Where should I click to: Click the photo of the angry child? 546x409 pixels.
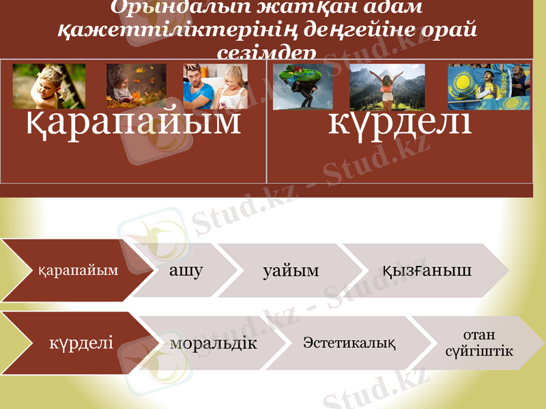tap(49, 87)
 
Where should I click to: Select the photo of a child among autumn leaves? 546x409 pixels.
tap(136, 87)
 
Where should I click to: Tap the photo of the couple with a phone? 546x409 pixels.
tap(214, 87)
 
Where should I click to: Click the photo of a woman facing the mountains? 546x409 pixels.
tap(387, 87)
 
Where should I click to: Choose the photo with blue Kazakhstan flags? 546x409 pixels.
tap(489, 87)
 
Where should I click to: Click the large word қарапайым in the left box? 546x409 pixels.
tap(134, 123)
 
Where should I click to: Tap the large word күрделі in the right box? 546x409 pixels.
tap(400, 123)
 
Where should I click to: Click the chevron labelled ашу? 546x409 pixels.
tap(186, 271)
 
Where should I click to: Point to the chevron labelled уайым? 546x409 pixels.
tap(291, 271)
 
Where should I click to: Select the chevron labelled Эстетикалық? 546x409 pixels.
tap(349, 342)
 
